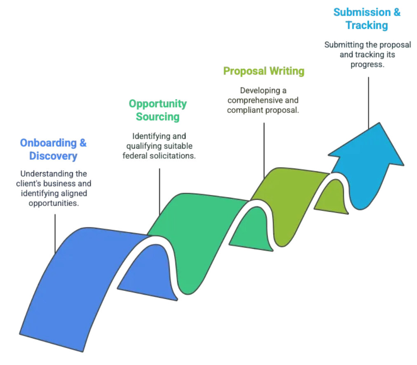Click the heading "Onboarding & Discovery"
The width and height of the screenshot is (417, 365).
[53, 150]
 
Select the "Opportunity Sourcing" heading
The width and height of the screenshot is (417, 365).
[158, 110]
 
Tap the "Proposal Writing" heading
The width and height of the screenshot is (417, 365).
[264, 71]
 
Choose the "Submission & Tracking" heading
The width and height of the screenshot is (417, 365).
[367, 19]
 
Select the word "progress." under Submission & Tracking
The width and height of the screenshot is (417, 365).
[367, 65]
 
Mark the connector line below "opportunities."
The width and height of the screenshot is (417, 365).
[55, 234]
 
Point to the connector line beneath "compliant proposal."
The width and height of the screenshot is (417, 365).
[264, 151]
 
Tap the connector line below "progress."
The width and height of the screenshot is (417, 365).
[369, 103]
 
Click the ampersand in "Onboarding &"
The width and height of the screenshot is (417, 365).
[83, 143]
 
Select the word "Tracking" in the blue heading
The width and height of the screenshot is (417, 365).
[367, 26]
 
